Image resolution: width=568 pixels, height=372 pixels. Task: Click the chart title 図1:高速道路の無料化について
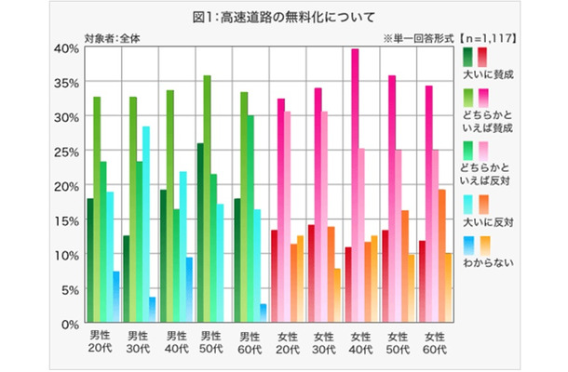click(283, 17)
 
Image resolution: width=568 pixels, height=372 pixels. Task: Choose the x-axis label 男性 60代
click(250, 340)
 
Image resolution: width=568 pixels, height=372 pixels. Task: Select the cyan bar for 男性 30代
click(145, 223)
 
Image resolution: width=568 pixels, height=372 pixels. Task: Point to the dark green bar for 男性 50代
click(200, 232)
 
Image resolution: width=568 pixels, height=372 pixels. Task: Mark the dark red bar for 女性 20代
click(274, 275)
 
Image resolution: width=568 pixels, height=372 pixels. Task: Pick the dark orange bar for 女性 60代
click(442, 256)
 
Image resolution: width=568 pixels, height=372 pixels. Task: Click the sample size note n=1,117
click(492, 38)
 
